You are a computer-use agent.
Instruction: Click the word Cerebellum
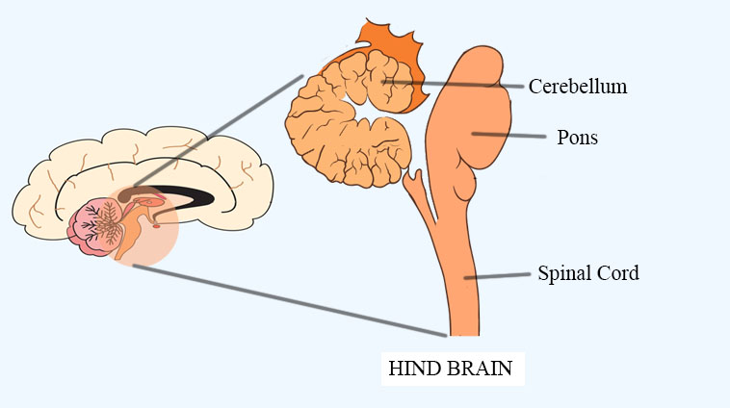tap(578, 87)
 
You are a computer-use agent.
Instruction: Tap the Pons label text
tap(577, 138)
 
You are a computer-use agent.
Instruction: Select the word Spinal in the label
tap(561, 273)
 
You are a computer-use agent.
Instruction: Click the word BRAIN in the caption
tap(477, 368)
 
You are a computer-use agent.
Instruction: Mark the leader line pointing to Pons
tap(520, 136)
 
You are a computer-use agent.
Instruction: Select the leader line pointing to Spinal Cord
tap(501, 275)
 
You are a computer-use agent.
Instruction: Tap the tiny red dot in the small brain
tap(155, 228)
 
